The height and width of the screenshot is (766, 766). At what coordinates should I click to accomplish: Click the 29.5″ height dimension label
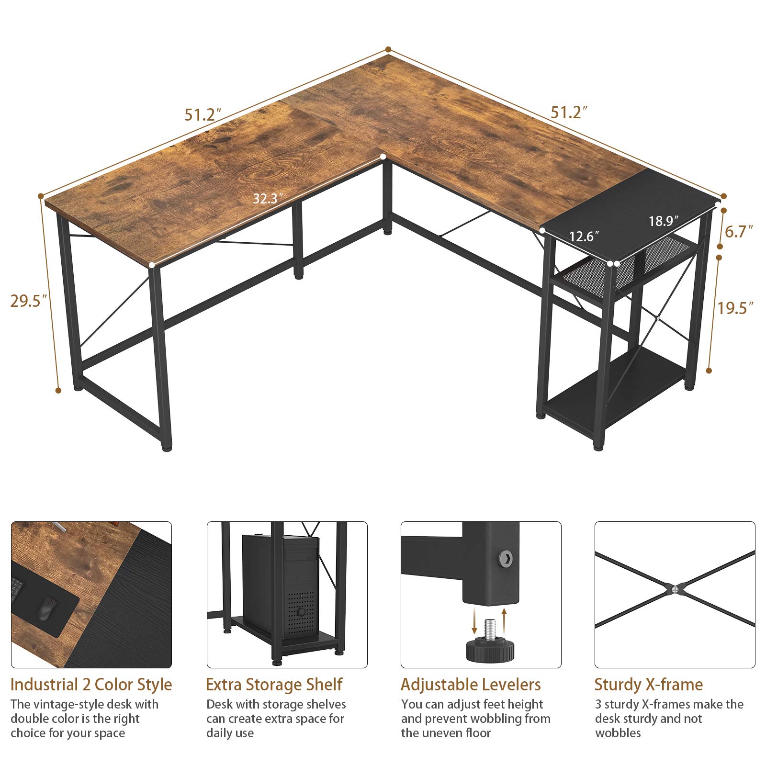(x=29, y=301)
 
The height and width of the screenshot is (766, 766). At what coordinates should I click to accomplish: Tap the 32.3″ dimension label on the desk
(x=268, y=198)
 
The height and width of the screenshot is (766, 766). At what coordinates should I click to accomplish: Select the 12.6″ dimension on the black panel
(x=584, y=236)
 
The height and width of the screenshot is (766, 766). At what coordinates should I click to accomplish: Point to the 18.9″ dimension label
(x=664, y=221)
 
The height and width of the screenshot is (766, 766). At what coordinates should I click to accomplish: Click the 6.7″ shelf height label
(x=739, y=232)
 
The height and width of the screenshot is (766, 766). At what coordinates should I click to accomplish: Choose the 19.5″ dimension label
(x=735, y=307)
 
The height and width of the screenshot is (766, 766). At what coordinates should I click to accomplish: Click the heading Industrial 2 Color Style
(x=91, y=684)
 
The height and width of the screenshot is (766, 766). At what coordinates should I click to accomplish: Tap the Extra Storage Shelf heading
(x=274, y=684)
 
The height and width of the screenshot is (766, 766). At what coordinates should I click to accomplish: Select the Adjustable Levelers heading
(x=471, y=684)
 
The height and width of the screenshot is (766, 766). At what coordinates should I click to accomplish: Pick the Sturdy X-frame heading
(x=648, y=684)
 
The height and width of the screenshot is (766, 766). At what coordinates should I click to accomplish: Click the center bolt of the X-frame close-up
(x=674, y=589)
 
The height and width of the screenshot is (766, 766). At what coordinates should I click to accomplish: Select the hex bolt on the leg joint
(x=506, y=557)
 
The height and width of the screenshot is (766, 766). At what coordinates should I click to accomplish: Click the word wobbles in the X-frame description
(x=618, y=733)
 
